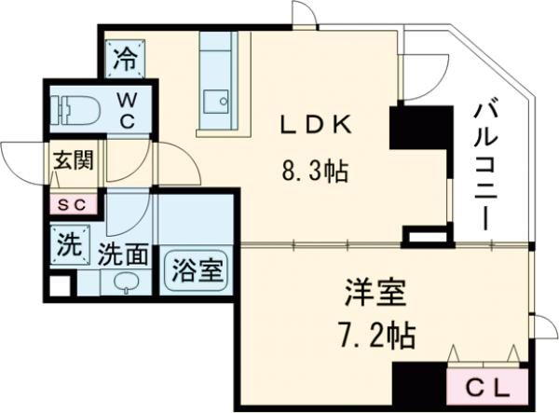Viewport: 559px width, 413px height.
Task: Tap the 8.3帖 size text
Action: tap(315, 172)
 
